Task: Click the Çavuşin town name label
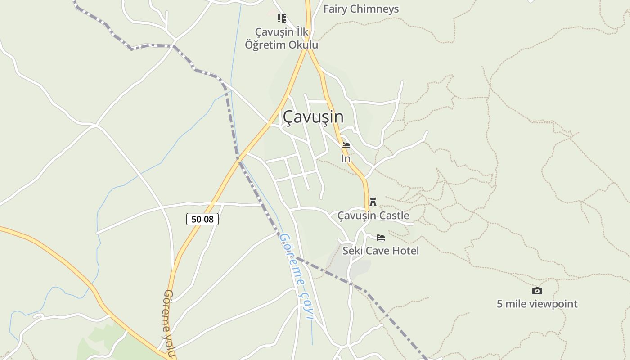[313, 117]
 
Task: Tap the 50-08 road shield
[202, 219]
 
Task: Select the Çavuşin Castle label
[373, 216]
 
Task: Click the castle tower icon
[373, 202]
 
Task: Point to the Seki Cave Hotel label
[381, 251]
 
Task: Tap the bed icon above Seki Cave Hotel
[381, 238]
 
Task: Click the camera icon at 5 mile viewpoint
[537, 291]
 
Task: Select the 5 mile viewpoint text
[537, 304]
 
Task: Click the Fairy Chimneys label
[361, 9]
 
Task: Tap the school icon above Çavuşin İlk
[282, 18]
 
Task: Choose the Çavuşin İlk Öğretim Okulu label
[282, 39]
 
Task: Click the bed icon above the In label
[346, 145]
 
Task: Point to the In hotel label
[346, 159]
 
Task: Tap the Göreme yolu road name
[169, 323]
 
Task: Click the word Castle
[394, 216]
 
